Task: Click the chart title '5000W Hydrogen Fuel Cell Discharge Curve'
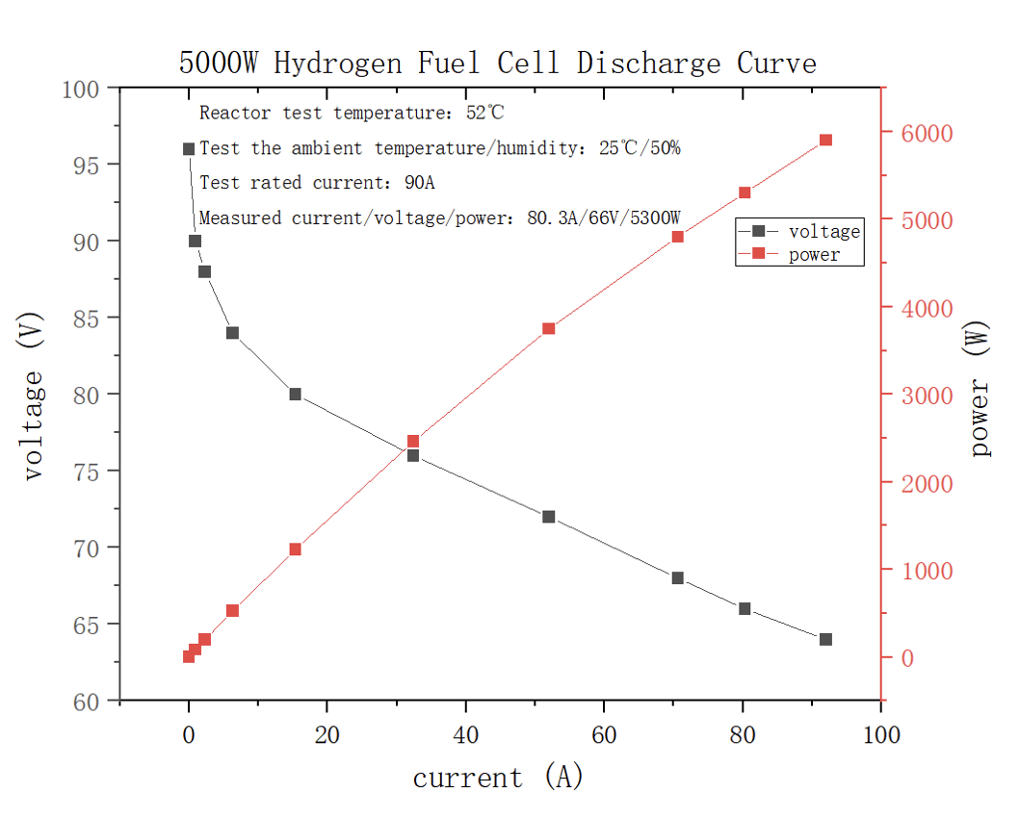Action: tap(497, 64)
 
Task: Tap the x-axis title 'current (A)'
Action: tap(498, 777)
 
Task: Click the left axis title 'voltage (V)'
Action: tap(34, 396)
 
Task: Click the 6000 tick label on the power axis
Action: tap(928, 133)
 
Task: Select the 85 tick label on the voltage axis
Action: tap(89, 318)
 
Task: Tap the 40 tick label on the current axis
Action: tap(465, 736)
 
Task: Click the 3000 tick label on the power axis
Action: tap(928, 396)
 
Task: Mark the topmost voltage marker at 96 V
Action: tap(189, 149)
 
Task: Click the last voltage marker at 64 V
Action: tap(825, 640)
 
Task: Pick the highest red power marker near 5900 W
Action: tap(825, 141)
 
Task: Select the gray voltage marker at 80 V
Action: tap(295, 395)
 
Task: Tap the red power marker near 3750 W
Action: tap(549, 329)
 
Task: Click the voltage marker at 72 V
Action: tap(549, 517)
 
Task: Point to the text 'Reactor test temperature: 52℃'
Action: tap(352, 114)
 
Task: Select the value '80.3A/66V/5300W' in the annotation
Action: tap(604, 218)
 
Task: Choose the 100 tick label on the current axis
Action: tap(880, 736)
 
